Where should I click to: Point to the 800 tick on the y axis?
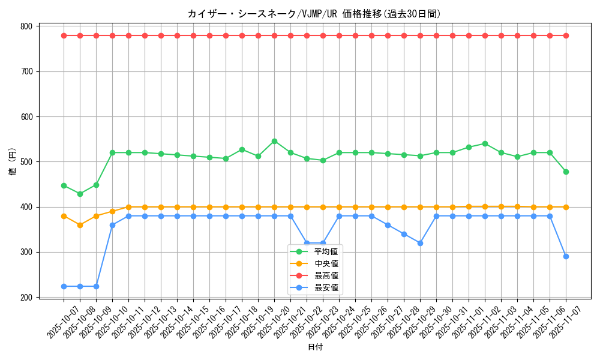(26, 26)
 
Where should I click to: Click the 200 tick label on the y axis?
(26, 298)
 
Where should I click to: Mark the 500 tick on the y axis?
(26, 162)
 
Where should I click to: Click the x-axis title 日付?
(315, 347)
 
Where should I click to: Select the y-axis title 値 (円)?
(13, 162)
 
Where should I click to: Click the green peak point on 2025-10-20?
(274, 141)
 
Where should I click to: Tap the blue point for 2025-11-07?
(566, 256)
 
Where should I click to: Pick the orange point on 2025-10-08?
(80, 225)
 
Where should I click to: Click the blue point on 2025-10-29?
(420, 243)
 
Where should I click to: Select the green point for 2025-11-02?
(485, 143)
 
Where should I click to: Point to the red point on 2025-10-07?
(64, 35)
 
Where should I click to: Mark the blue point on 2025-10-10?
(112, 225)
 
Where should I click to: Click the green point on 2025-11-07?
(566, 172)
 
